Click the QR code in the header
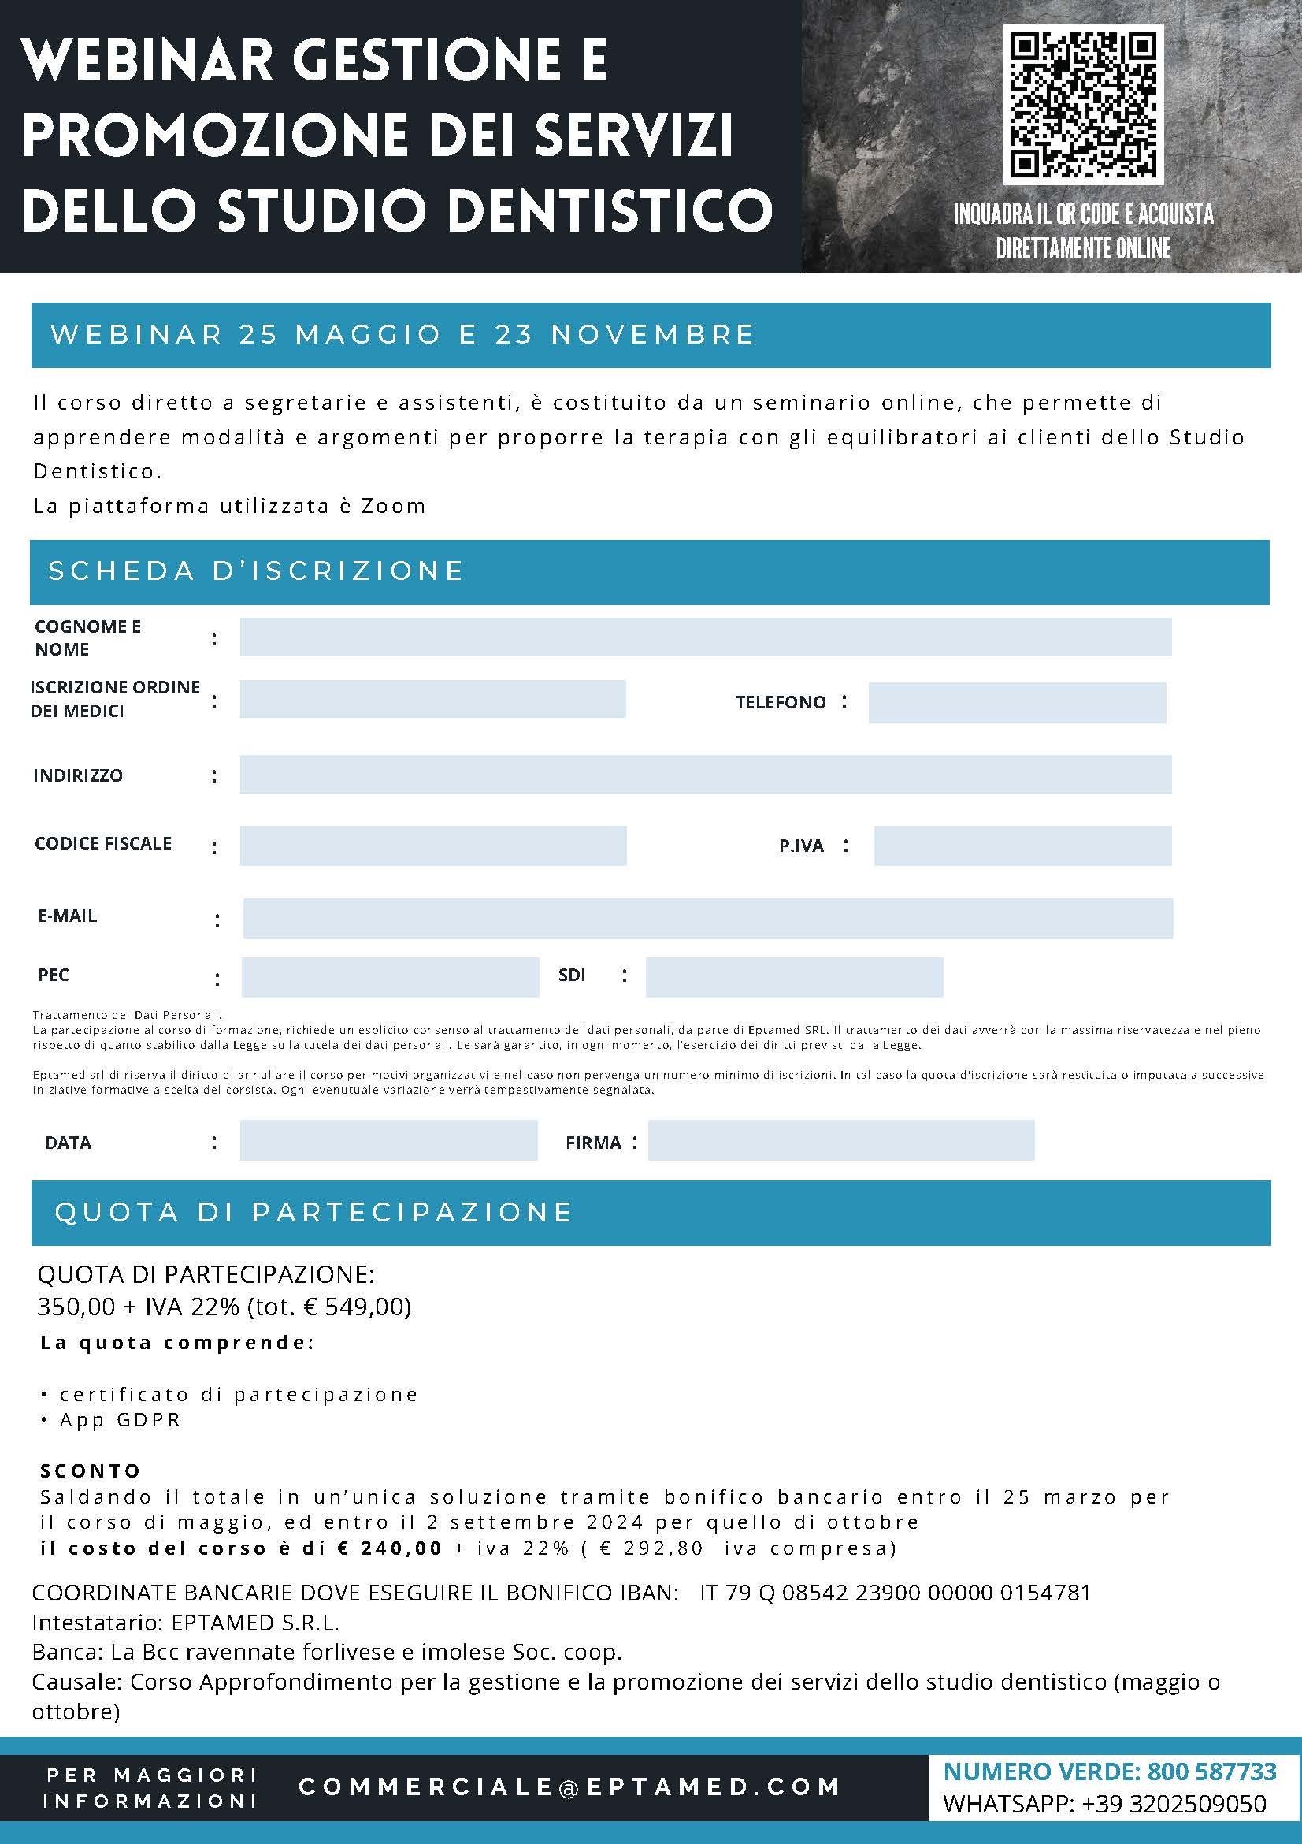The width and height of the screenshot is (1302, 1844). click(1083, 104)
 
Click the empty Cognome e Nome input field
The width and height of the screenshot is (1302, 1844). click(705, 637)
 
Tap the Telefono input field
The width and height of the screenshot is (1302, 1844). click(1016, 703)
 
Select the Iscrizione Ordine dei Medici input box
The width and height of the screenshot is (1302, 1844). click(432, 699)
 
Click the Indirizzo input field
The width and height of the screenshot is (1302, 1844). click(705, 774)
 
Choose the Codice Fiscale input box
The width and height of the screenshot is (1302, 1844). click(432, 846)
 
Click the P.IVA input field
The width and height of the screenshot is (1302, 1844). click(1022, 846)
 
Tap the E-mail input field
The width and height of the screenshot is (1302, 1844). click(707, 918)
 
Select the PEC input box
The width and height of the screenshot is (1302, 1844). click(390, 976)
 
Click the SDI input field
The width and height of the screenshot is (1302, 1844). click(794, 976)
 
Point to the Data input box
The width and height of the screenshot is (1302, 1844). click(388, 1140)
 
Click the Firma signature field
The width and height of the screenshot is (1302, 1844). click(840, 1140)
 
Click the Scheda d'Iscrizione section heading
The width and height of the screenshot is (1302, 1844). click(256, 571)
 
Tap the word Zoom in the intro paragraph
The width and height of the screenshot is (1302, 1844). click(393, 506)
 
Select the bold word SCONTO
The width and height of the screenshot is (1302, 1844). click(91, 1470)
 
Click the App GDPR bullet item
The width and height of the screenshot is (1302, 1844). click(121, 1419)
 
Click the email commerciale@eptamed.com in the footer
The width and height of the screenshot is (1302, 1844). click(570, 1786)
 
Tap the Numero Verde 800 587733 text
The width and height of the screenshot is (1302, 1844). click(1109, 1771)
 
